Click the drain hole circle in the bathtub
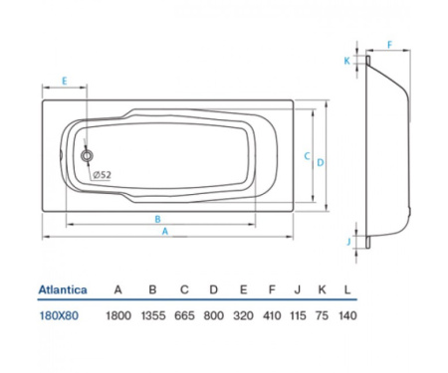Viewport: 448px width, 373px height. pos(87,155)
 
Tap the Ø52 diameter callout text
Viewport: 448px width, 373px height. pos(102,175)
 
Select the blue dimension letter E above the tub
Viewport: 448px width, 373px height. pos(65,81)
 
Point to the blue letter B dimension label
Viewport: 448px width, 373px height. pos(158,219)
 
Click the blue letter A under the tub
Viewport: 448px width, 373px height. pos(165,232)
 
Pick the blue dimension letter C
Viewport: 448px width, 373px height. pos(308,156)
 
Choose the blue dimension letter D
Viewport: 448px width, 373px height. pos(321,162)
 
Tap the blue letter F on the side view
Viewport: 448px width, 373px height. pos(390,45)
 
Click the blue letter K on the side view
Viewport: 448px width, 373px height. pos(347,61)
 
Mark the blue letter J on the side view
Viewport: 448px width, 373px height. pos(348,241)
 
